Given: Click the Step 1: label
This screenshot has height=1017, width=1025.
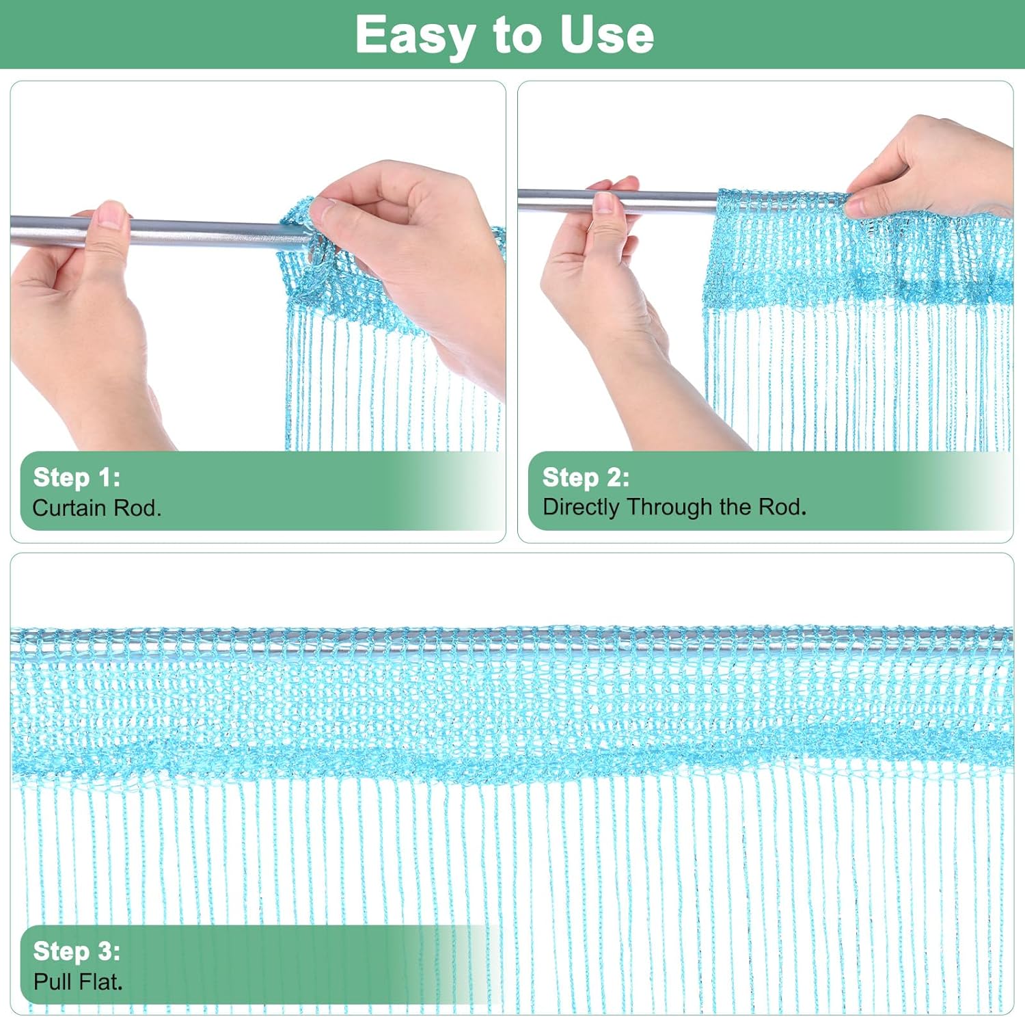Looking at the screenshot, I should coord(77,477).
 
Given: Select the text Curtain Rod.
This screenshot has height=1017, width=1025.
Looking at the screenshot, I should coord(96,507).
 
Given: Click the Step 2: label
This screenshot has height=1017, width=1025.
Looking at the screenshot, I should coord(586,477).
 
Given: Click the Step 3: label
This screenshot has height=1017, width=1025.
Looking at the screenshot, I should coord(77,951).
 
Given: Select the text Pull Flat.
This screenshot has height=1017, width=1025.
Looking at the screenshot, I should coord(78,981).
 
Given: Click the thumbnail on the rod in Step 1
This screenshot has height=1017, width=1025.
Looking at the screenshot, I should coord(110,214).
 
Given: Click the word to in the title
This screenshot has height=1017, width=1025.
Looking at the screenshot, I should coord(516,36).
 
